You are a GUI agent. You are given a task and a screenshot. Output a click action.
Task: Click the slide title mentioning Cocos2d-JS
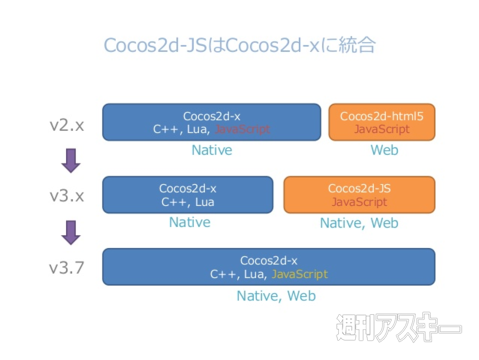[x=239, y=46]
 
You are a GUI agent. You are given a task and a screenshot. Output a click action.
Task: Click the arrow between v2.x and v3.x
[x=70, y=160]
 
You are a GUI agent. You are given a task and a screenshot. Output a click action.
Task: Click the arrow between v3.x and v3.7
[x=70, y=232]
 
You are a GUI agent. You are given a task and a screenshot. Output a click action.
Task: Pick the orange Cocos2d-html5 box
[x=382, y=122]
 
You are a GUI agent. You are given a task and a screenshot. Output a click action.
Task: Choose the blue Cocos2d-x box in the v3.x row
[x=188, y=194]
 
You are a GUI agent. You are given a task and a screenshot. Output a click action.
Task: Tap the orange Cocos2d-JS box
[x=359, y=194]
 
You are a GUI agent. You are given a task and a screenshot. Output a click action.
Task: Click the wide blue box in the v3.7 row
[x=269, y=267]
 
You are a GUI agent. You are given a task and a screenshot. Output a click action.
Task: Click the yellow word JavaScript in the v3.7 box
[x=299, y=274]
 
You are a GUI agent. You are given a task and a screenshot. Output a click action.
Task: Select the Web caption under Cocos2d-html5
[x=383, y=150]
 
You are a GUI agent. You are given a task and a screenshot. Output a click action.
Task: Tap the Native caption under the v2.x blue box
[x=211, y=150]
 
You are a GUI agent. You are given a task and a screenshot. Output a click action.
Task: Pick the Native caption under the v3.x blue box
[x=189, y=222]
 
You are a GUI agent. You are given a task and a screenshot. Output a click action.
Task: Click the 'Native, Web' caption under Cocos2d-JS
[x=359, y=223]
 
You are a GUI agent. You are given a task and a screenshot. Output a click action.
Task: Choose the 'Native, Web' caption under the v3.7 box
[x=276, y=296]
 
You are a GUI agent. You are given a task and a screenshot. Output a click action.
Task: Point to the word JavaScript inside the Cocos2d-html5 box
[x=382, y=130]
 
